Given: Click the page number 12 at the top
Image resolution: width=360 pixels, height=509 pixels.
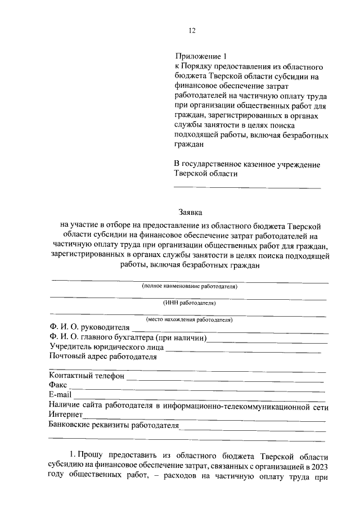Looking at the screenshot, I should [x=191, y=30].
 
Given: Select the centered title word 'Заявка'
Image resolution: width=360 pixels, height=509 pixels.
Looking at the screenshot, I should [x=190, y=213].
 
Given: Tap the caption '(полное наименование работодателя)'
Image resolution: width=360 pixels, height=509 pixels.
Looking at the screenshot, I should [x=190, y=286].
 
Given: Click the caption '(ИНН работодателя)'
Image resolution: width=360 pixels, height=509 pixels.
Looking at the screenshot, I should [x=190, y=303].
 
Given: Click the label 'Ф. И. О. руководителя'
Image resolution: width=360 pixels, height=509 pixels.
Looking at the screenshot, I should [x=89, y=327].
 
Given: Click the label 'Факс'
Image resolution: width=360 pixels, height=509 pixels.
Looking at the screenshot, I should [x=58, y=385].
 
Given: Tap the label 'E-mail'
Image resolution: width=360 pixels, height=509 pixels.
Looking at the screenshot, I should [x=60, y=395].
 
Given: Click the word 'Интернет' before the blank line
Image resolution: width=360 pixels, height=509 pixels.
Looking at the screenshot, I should [x=66, y=415].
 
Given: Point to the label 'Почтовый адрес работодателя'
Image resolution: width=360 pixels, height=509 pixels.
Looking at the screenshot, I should [x=102, y=356].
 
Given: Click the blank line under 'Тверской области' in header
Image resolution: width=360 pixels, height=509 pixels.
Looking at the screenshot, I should [x=247, y=187].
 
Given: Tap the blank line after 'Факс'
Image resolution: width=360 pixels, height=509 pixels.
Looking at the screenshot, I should [x=197, y=389].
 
